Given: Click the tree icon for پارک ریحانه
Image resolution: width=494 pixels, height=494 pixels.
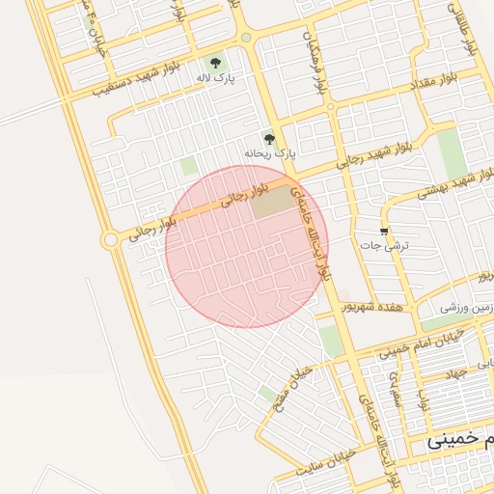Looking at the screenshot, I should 269,139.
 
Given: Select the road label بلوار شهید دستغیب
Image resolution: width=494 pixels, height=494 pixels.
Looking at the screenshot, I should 144,84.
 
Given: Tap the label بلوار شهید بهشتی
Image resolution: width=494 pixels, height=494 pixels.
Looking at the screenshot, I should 456,183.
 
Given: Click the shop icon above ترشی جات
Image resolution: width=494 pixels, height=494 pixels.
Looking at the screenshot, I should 386,231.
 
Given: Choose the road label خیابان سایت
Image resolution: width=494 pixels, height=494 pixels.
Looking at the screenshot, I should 321,464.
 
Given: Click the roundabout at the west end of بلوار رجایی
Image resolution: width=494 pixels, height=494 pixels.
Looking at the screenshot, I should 112,238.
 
